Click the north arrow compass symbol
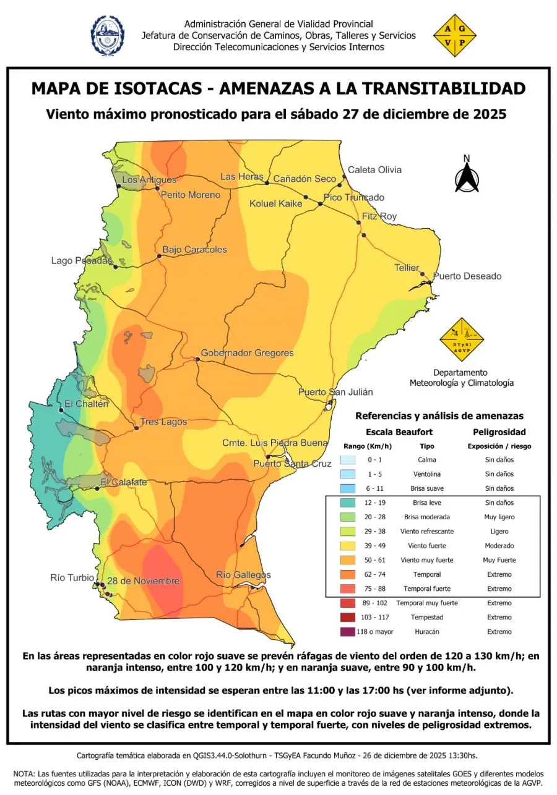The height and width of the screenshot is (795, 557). [x=467, y=176]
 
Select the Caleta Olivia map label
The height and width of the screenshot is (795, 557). [x=374, y=170]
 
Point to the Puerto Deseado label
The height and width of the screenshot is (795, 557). [x=467, y=276]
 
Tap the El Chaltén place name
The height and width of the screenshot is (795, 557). [x=83, y=404]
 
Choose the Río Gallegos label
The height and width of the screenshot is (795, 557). [x=243, y=575]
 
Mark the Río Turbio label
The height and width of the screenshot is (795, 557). [x=72, y=578]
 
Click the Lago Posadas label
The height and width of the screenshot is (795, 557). [x=81, y=261]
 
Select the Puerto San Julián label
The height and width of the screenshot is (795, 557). [x=335, y=392]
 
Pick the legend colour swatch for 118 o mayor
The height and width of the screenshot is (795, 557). [x=348, y=631]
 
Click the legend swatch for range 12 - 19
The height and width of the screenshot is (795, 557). [x=348, y=503]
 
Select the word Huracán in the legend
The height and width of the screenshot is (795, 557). [x=427, y=632]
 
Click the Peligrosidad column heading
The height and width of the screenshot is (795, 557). [x=499, y=432]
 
